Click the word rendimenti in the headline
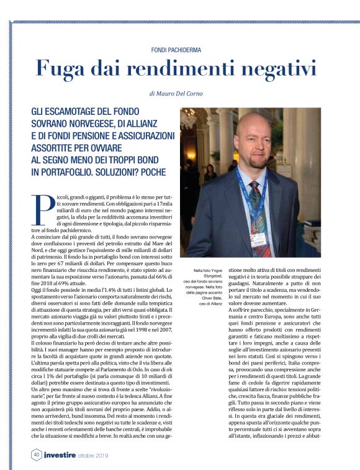click(177, 68)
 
